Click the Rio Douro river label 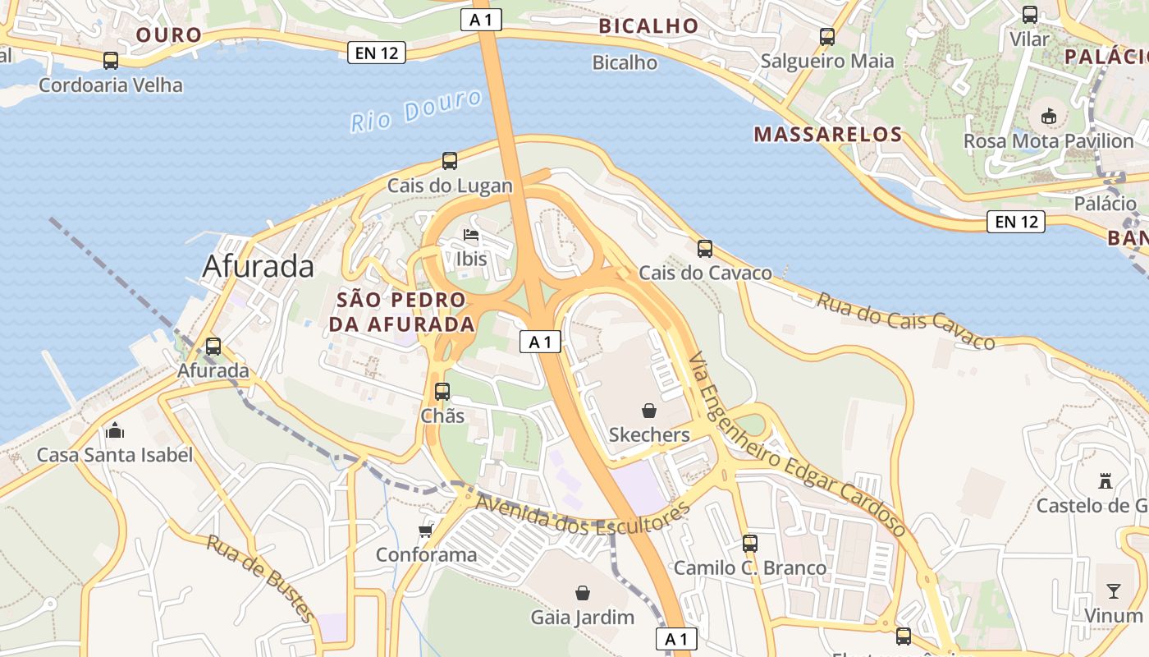click(x=416, y=112)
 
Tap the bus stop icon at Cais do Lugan click(x=450, y=161)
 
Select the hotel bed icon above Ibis click(x=471, y=235)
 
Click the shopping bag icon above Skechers click(x=649, y=410)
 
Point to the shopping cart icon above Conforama click(x=425, y=531)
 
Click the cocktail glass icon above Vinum click(x=1113, y=590)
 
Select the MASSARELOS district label click(x=827, y=135)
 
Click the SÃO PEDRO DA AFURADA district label click(x=401, y=312)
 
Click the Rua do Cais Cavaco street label click(x=905, y=320)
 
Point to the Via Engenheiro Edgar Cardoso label click(x=796, y=443)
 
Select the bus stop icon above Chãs click(x=442, y=392)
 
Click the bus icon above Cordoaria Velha click(x=111, y=61)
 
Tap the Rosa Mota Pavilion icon click(x=1048, y=117)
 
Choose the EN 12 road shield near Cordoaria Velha click(x=377, y=53)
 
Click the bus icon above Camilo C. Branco click(x=750, y=543)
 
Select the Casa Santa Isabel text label click(x=115, y=455)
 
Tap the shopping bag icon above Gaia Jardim click(x=583, y=592)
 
